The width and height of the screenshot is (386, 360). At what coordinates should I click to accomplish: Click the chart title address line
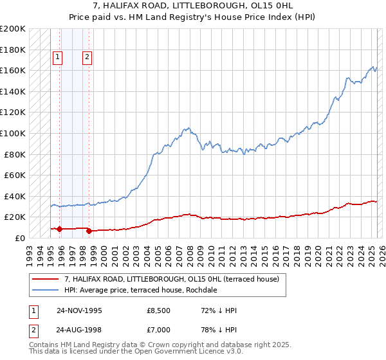point(192,5)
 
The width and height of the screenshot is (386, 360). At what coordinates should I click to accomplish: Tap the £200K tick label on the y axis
point(13,29)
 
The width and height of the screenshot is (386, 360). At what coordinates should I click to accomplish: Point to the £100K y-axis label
point(13,133)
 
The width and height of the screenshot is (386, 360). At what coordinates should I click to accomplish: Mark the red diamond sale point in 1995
point(59,229)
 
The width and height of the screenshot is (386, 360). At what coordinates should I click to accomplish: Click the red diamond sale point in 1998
point(89,231)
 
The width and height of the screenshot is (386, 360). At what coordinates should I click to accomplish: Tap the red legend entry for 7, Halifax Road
point(171,279)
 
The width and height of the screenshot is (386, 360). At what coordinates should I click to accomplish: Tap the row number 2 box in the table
point(33,330)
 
